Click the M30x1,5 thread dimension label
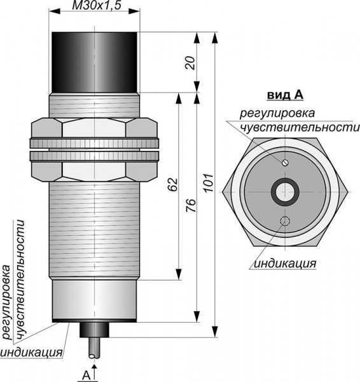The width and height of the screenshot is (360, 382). [97, 6]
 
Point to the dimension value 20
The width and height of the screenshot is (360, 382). [191, 63]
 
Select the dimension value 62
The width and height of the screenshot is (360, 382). [173, 185]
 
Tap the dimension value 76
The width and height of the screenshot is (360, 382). [191, 206]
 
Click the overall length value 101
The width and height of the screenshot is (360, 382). [209, 183]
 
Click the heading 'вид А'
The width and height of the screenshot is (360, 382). [286, 95]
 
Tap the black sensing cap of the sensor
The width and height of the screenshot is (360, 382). [94, 62]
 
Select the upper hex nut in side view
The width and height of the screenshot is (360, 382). [94, 128]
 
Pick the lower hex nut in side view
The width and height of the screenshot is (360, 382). [94, 171]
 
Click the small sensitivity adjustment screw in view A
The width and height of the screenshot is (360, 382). [285, 162]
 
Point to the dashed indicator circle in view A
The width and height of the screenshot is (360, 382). [285, 221]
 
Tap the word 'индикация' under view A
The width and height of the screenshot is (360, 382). [285, 264]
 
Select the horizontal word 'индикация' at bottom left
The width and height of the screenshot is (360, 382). [31, 353]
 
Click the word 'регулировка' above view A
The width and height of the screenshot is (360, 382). [277, 113]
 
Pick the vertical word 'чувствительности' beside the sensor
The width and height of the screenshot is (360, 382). [22, 279]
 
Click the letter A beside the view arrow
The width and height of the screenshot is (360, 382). [87, 376]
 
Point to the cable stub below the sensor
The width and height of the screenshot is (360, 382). [94, 348]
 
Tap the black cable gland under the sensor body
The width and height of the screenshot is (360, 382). [94, 330]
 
